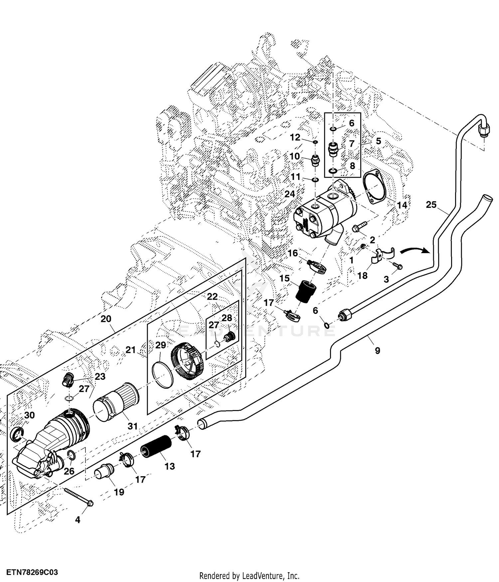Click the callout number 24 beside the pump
(289, 194)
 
